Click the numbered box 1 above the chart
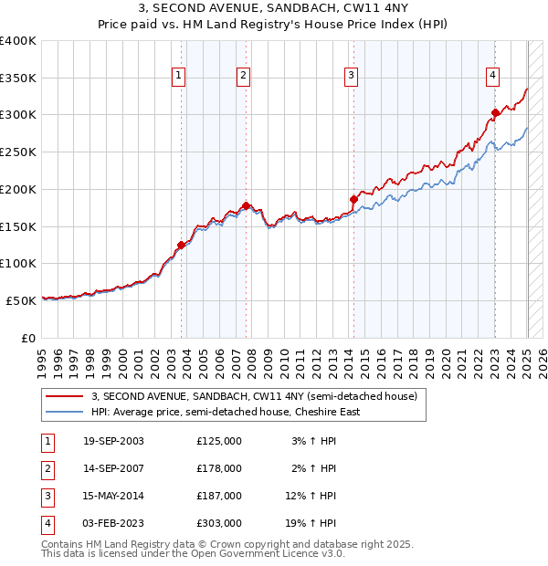click(178, 76)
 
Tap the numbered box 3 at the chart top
click(352, 76)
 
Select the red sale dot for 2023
click(495, 113)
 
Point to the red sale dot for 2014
click(353, 198)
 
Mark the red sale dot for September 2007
click(246, 205)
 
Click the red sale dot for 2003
click(182, 245)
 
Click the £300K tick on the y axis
click(19, 115)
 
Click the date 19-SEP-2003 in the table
click(113, 441)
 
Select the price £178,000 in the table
click(218, 468)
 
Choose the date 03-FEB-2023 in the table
click(113, 523)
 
